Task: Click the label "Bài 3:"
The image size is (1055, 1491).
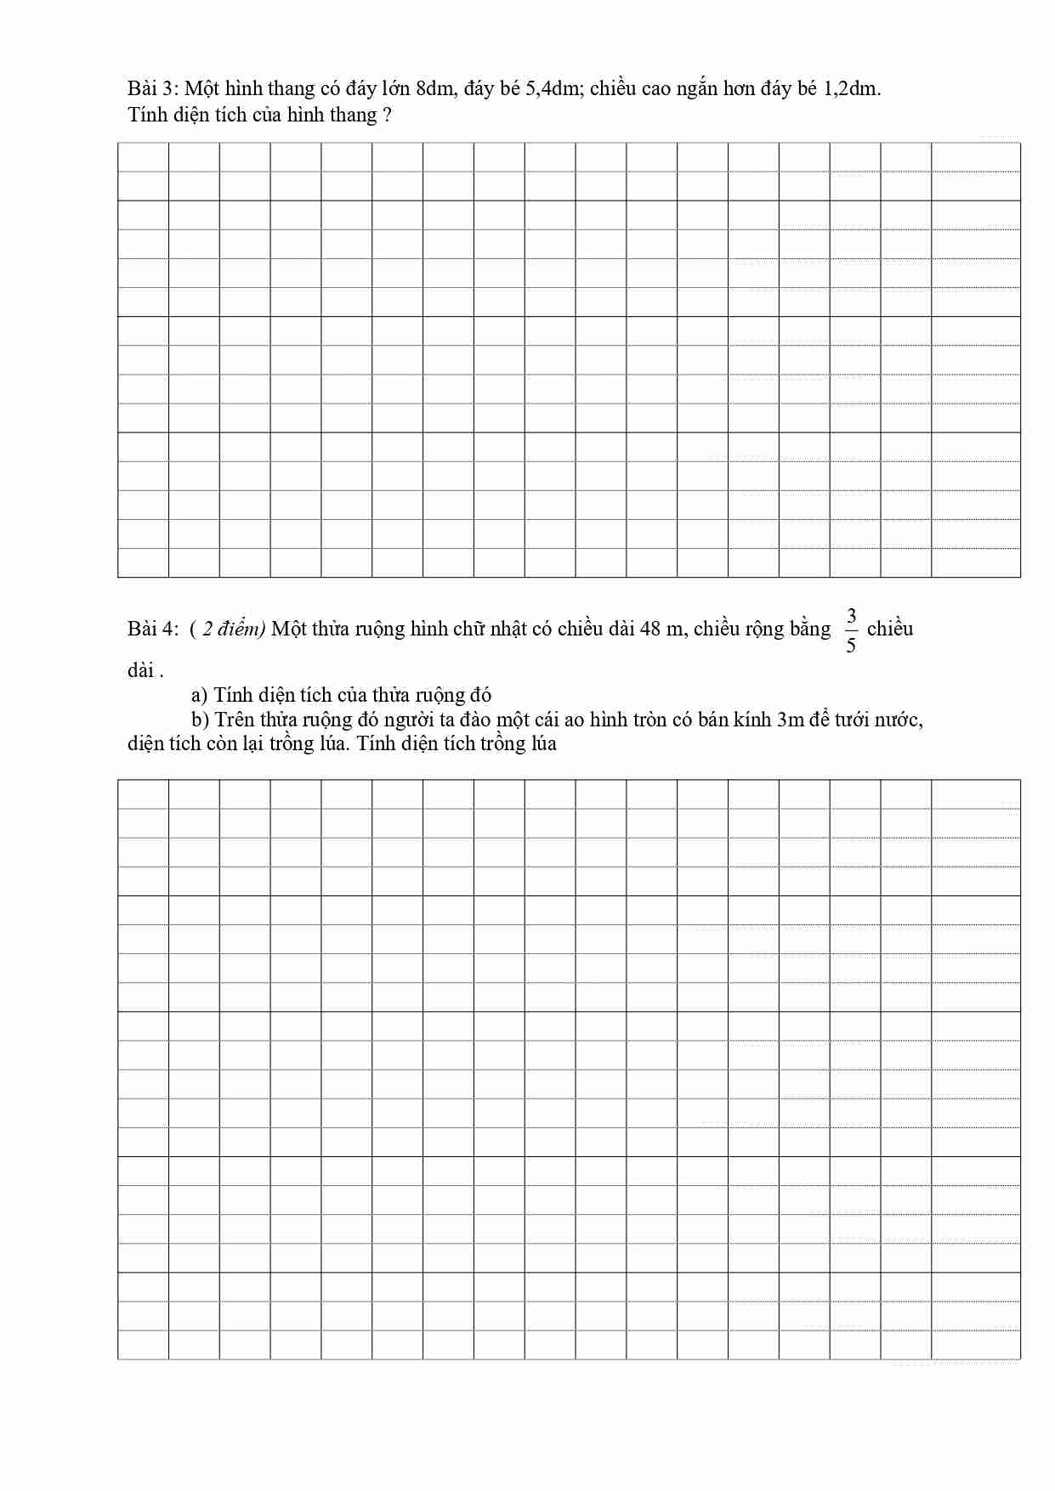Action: [152, 88]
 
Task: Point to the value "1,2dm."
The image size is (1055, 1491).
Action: [853, 88]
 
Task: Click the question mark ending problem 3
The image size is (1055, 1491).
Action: [388, 115]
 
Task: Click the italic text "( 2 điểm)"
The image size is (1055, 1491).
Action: [228, 629]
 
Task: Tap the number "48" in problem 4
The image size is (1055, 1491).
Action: [651, 629]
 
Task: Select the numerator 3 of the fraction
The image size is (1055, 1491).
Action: [851, 615]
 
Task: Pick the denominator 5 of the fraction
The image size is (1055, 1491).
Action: [851, 646]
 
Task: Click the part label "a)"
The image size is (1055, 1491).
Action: [200, 695]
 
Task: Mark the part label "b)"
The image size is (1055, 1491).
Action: [201, 720]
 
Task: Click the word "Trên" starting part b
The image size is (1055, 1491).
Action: [235, 720]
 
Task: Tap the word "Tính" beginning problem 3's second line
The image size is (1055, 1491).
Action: [148, 115]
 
